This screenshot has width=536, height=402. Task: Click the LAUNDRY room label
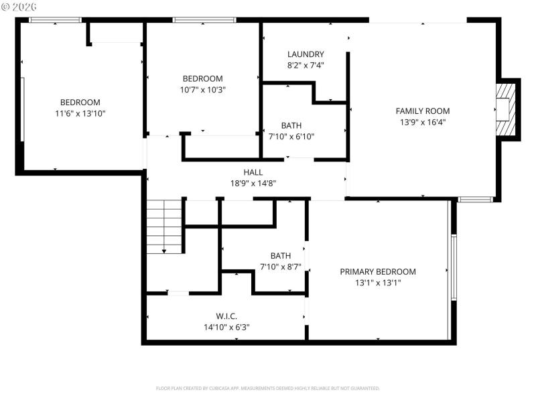(306, 54)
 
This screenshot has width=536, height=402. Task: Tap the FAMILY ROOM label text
(422, 111)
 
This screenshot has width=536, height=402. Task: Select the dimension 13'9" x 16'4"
(422, 122)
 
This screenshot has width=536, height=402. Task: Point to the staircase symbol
(164, 226)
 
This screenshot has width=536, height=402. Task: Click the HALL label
(253, 172)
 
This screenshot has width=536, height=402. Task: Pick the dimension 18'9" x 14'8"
(253, 183)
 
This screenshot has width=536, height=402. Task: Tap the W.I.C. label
(226, 316)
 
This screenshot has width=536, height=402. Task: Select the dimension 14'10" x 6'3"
(226, 327)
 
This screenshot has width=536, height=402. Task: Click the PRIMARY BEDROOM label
(377, 271)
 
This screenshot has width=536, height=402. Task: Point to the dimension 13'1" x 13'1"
(377, 282)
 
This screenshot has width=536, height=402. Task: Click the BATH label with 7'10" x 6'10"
(291, 125)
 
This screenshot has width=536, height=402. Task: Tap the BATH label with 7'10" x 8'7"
(280, 255)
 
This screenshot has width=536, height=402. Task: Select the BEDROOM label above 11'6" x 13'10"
(80, 102)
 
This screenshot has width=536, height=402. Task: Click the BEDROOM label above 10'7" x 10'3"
(202, 78)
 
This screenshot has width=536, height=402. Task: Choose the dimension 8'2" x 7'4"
(306, 65)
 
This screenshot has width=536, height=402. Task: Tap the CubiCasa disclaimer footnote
(267, 388)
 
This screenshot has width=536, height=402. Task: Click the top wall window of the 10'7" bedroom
(204, 20)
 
